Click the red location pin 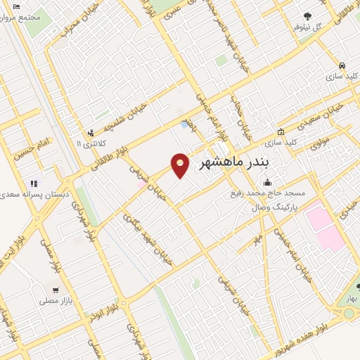(x=181, y=164)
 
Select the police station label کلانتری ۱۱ (x=89, y=143)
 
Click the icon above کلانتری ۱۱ (x=90, y=132)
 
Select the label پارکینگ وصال (x=274, y=208)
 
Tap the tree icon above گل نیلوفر (x=307, y=16)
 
